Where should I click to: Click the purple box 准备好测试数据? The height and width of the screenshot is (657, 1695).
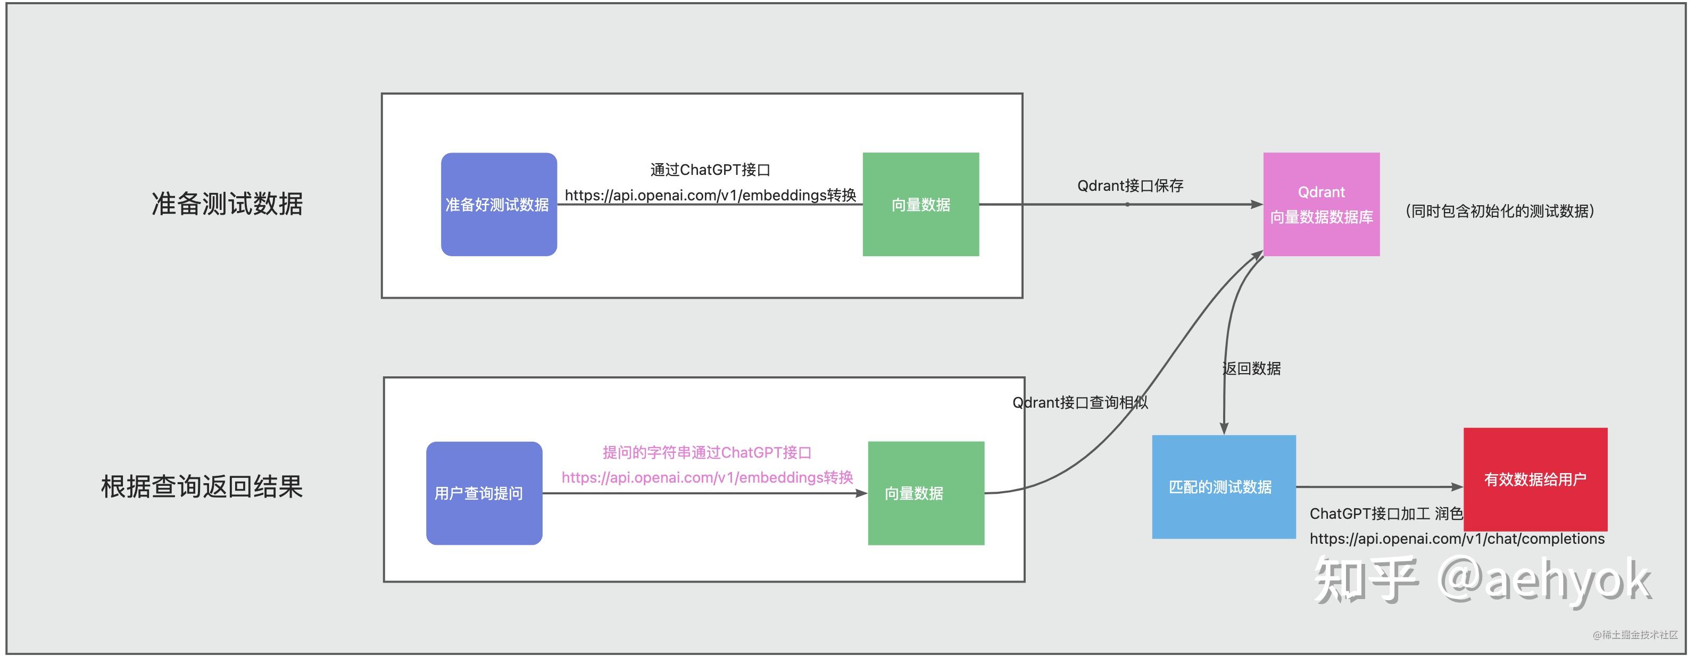(x=498, y=205)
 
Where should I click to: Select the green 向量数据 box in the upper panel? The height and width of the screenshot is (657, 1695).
(x=920, y=205)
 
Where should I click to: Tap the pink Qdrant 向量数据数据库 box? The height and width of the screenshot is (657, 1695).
(x=1321, y=205)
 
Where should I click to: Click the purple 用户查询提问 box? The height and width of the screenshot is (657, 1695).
(x=484, y=493)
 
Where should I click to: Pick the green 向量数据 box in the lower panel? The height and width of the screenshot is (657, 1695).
(x=926, y=493)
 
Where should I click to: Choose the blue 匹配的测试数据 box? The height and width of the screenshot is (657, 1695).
(x=1224, y=487)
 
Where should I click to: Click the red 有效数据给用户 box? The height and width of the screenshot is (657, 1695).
(x=1535, y=479)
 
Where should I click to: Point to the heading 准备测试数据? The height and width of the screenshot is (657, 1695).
(x=227, y=204)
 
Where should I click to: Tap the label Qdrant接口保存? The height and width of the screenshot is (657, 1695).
(x=1130, y=186)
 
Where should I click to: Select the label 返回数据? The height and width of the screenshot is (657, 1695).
(x=1251, y=368)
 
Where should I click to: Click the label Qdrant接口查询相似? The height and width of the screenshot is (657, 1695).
(x=1080, y=402)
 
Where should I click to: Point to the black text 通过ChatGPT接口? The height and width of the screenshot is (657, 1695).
(x=710, y=170)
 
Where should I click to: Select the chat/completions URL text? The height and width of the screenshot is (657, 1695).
(x=1457, y=538)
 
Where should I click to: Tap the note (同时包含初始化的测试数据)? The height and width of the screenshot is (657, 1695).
(x=1500, y=211)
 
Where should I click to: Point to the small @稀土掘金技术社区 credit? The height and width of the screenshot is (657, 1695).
(x=1635, y=635)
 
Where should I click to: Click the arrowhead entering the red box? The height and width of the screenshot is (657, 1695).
(x=1458, y=487)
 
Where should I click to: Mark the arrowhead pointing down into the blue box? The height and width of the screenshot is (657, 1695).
(x=1224, y=428)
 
